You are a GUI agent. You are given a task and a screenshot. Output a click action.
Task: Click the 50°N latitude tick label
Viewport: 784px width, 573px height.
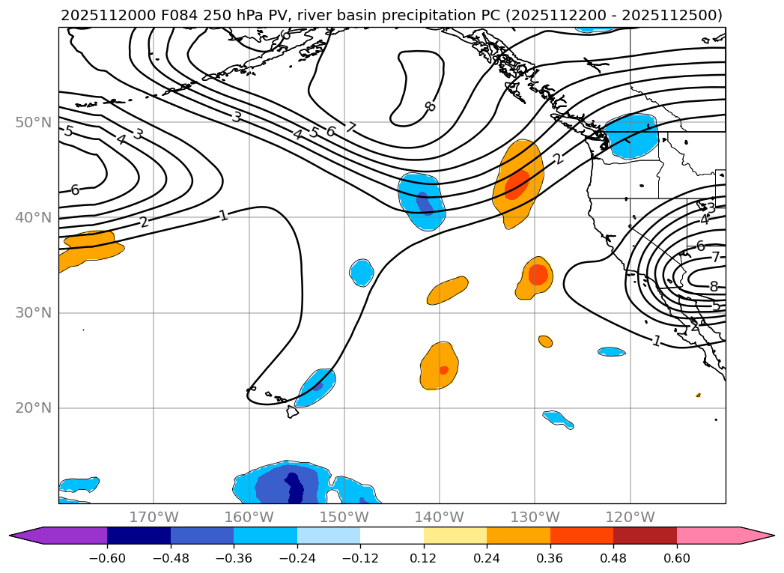tap(33, 122)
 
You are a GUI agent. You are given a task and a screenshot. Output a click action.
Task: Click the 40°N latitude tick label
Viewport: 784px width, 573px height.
tap(33, 218)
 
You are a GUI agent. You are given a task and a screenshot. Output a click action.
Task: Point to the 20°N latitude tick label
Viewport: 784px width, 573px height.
tap(33, 408)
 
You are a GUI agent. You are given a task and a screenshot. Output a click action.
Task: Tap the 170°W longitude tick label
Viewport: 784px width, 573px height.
tap(154, 517)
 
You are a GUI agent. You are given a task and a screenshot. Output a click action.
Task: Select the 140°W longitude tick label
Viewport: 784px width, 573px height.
tap(439, 517)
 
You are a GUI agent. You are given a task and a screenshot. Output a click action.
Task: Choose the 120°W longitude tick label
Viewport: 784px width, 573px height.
tap(630, 517)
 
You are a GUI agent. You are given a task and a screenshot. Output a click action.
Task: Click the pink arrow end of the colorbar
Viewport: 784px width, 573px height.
tap(756, 535)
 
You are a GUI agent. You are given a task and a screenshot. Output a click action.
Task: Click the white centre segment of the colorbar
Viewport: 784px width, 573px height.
tap(392, 535)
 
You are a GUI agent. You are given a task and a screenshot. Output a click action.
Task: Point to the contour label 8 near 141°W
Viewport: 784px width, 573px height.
tap(430, 106)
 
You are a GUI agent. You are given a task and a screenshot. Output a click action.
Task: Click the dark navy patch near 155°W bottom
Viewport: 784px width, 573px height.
tap(295, 488)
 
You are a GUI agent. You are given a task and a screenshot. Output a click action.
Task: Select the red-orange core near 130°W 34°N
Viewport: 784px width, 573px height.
tap(538, 275)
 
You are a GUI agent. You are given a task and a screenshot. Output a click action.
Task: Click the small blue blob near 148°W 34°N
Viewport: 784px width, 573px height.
tap(362, 272)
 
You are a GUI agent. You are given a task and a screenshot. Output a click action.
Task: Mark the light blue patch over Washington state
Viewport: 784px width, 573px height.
tap(630, 135)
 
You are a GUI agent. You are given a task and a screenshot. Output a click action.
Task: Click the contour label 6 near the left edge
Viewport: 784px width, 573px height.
tap(75, 190)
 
